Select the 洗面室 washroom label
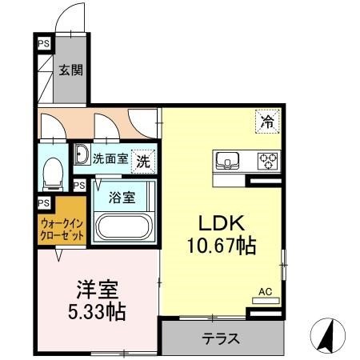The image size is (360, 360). pos(110,158)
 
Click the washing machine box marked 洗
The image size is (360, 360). pos(143,159)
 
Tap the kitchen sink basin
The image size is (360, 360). pos(227,162)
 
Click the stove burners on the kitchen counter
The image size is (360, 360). pos(266,162)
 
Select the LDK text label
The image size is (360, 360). pos(219,222)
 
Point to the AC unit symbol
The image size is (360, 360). pos(266,298)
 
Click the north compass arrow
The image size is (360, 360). pos(326,334)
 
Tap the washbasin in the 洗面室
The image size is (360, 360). pos(82,157)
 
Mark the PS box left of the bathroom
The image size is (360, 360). pos(79,186)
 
